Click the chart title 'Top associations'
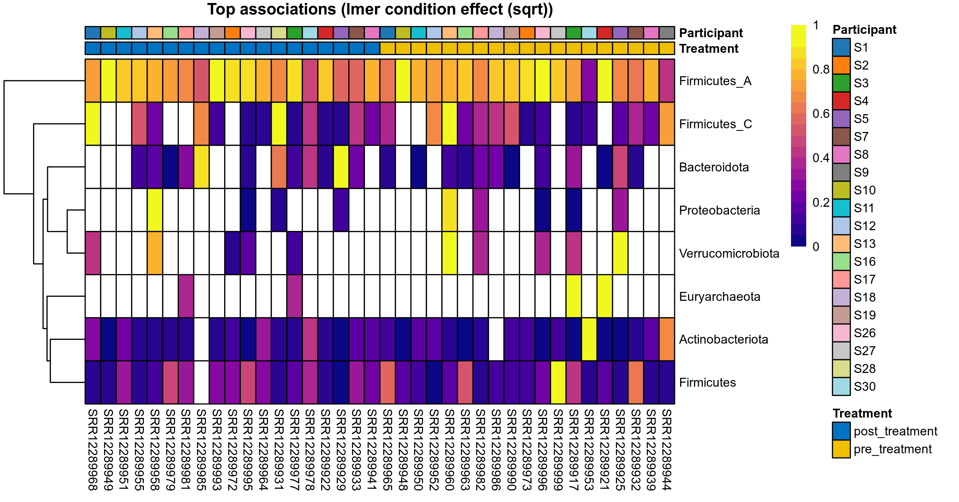click(380, 10)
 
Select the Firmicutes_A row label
click(715, 81)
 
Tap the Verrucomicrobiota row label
click(729, 253)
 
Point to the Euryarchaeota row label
click(720, 296)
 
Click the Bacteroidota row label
click(714, 167)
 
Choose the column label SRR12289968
click(93, 450)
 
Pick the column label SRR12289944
click(667, 450)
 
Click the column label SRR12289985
click(201, 450)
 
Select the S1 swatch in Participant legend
click(841, 47)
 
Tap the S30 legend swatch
click(841, 386)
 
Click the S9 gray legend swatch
click(841, 172)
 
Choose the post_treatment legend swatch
click(841, 431)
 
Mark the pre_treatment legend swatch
click(841, 449)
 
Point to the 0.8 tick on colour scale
click(820, 69)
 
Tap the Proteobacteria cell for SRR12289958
click(155, 210)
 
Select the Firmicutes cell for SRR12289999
click(558, 383)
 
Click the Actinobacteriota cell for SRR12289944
click(667, 339)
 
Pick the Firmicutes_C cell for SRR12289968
click(93, 123)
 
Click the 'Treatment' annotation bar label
click(708, 48)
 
